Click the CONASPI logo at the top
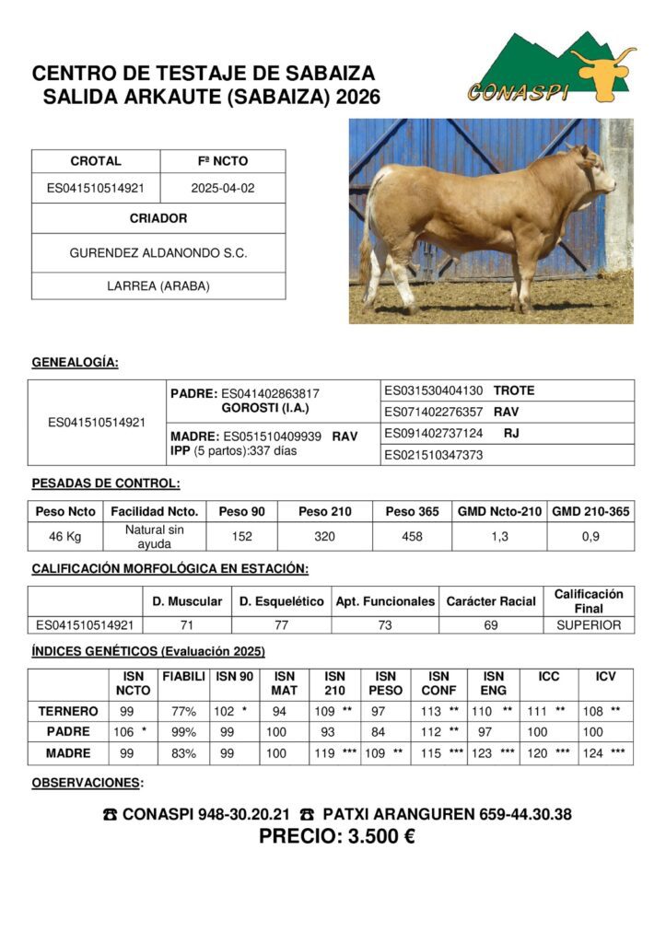(549, 70)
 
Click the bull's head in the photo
(595, 170)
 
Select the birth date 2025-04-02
(223, 188)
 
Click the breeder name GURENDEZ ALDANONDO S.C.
(158, 252)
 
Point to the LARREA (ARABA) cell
(158, 285)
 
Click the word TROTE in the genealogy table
(514, 390)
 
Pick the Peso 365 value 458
(413, 537)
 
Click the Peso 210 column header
(325, 511)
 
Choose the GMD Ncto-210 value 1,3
(499, 537)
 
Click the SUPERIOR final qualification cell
(589, 625)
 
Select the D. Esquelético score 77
(282, 625)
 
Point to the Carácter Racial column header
(491, 601)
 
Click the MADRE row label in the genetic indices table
(68, 752)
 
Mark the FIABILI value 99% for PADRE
(183, 731)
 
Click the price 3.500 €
(336, 837)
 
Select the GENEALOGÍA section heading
(75, 362)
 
